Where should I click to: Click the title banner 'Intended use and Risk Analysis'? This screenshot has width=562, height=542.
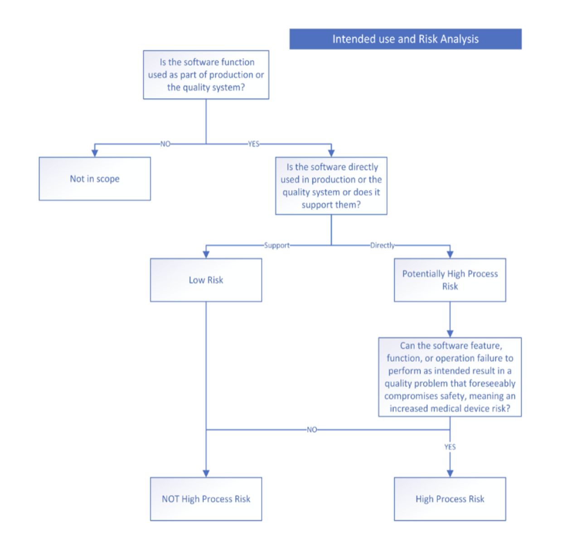click(x=405, y=39)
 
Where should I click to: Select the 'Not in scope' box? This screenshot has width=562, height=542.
click(x=95, y=178)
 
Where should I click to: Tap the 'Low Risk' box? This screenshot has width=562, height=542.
click(x=206, y=280)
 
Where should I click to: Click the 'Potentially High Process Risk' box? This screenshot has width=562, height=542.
click(x=450, y=280)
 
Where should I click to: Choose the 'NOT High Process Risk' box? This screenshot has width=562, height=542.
click(x=206, y=499)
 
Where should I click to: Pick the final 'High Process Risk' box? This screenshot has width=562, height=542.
click(x=450, y=499)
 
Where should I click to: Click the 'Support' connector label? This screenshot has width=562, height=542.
click(x=276, y=245)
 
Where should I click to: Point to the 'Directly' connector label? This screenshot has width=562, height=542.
click(x=383, y=245)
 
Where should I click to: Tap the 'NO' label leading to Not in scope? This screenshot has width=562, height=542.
click(x=165, y=144)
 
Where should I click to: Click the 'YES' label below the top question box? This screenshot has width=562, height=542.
click(x=253, y=144)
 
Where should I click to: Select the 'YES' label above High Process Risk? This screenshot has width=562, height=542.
click(x=450, y=447)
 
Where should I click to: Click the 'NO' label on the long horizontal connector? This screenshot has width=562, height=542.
click(x=312, y=429)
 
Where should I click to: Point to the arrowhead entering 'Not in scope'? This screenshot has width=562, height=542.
click(x=95, y=153)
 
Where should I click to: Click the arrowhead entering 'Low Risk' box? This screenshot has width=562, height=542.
click(x=206, y=255)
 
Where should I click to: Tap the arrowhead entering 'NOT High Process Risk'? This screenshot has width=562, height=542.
click(x=206, y=473)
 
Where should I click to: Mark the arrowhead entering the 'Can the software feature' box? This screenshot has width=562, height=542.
click(x=450, y=334)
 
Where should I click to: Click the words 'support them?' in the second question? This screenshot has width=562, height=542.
click(x=331, y=205)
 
